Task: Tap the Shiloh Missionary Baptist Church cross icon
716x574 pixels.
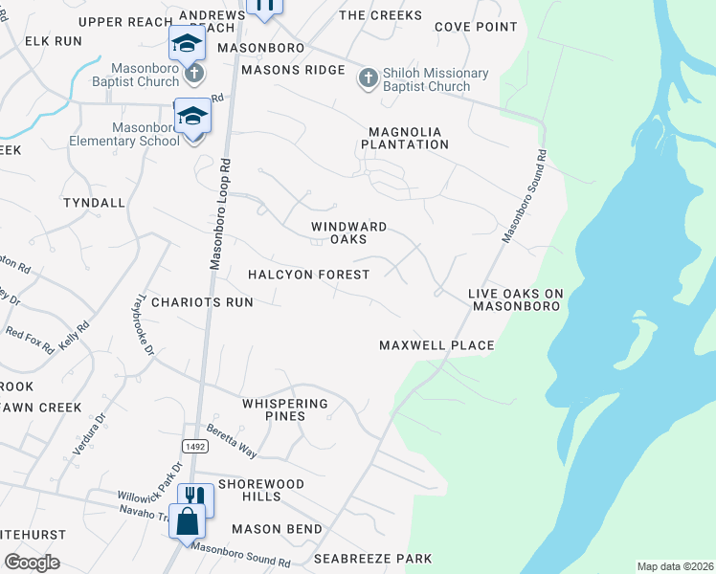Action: click(369, 78)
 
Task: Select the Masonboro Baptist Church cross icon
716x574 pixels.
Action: click(193, 73)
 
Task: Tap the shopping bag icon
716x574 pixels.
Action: click(186, 521)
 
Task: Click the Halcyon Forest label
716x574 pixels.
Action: click(308, 275)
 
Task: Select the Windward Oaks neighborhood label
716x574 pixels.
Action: click(348, 232)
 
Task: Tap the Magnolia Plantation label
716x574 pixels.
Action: click(405, 138)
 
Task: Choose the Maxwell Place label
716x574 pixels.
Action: click(436, 345)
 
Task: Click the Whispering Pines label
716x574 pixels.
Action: click(285, 409)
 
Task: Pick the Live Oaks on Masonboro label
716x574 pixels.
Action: click(515, 299)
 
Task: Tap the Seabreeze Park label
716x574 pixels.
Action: click(373, 559)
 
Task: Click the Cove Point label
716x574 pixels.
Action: click(476, 27)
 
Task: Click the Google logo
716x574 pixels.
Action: click(33, 563)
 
